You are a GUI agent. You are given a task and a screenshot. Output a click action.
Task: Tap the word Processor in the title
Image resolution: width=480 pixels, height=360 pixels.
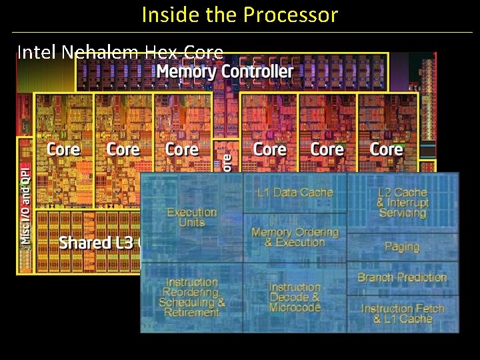coord(293,15)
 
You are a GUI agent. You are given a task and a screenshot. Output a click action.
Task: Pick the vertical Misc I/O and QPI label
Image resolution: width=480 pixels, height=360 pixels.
coord(25,203)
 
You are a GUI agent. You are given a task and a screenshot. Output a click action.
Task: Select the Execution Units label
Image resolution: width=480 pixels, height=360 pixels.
coord(192,217)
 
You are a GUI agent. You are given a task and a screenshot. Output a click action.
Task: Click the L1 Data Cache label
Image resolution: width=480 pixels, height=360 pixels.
coord(295,193)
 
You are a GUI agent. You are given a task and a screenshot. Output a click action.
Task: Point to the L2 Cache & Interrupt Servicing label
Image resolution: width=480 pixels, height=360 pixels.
coord(402,203)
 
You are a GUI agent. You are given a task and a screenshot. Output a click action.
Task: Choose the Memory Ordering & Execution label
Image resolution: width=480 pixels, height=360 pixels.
coord(295,237)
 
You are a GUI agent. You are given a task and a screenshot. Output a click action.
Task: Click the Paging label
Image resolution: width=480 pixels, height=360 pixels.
coord(402,247)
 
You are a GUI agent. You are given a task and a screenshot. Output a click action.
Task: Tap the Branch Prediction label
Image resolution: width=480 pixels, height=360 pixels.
coord(402,277)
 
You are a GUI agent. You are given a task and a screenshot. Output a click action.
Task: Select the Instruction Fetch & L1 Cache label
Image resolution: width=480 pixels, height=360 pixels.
coord(403,314)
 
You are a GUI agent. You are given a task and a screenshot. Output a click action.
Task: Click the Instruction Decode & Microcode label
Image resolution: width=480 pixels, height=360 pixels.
coord(295,297)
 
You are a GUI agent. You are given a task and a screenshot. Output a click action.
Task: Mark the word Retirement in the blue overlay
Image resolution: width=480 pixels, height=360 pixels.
coord(192,313)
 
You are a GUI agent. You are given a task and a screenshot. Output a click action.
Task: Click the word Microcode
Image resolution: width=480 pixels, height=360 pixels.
coord(295,307)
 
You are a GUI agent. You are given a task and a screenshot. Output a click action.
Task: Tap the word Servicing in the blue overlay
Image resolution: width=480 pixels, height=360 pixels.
coord(402,213)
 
